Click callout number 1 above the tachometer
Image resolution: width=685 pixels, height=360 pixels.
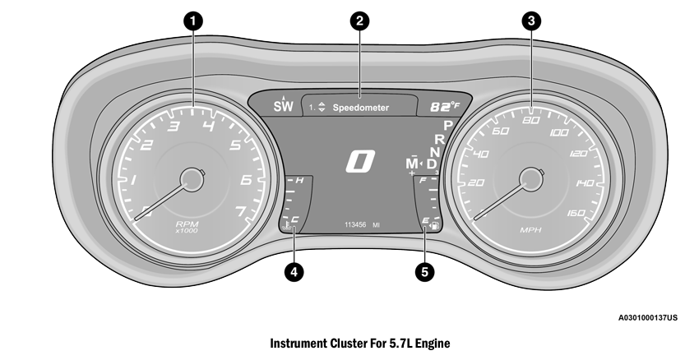[x=192, y=22]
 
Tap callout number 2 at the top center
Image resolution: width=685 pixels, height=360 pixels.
[x=357, y=22]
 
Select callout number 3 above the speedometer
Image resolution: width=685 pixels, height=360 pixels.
[x=531, y=22]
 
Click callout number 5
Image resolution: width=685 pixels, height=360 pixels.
[x=424, y=270]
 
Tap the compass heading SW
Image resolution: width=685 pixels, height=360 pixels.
[x=283, y=105]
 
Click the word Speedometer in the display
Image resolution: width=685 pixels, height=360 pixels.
[x=360, y=108]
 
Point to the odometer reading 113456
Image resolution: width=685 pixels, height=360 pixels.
[x=352, y=224]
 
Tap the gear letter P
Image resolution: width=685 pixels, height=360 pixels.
[x=448, y=125]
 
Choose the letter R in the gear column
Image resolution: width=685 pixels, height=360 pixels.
[x=439, y=139]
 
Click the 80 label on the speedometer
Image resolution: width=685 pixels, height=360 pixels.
[x=531, y=121]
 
